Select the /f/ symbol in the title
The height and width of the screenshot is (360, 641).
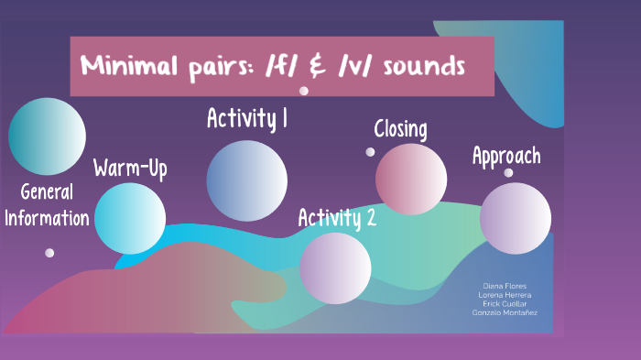293,67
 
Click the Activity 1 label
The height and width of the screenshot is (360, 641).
247,119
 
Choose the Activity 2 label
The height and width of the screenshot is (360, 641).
337,218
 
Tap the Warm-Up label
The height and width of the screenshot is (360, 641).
130,169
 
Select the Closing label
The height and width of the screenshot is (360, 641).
400,129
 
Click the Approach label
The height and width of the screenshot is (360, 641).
506,156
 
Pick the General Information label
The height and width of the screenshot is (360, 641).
47,205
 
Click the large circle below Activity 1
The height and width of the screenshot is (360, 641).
246,180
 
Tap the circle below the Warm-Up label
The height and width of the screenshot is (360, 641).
131,218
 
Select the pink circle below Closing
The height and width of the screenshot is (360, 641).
411,180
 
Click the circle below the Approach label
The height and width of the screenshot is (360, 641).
516,218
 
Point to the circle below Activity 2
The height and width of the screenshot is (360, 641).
335,267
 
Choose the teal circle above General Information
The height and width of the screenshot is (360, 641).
47,136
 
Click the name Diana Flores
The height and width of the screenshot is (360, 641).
505,286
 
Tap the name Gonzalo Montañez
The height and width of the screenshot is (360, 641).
505,312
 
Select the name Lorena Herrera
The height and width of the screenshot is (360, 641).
505,295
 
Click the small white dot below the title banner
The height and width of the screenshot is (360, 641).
304,91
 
